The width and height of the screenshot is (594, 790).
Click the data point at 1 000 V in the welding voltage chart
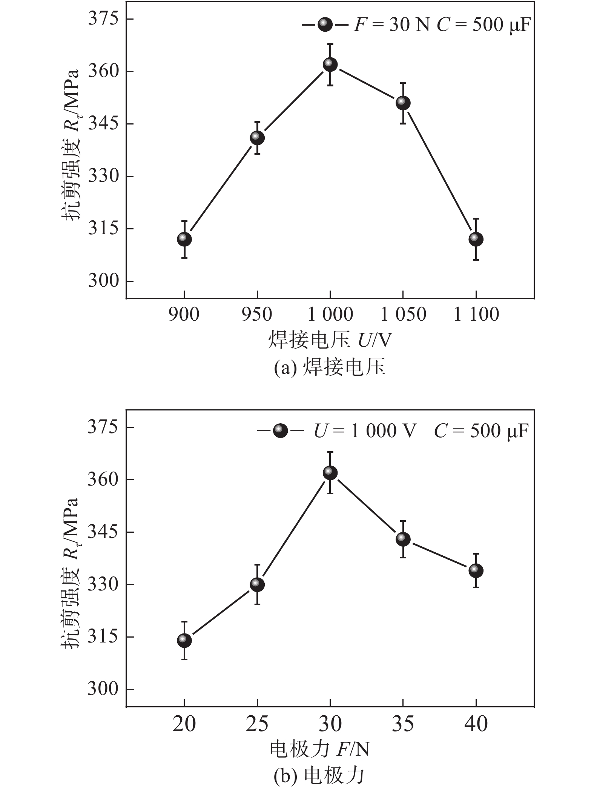pos(330,65)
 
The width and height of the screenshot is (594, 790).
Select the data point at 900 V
pos(184,239)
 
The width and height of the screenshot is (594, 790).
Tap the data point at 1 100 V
pos(476,239)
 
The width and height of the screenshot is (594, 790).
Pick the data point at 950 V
pos(257,138)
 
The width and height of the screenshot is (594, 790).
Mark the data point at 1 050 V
pos(403,103)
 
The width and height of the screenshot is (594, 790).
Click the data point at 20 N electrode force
pos(184,641)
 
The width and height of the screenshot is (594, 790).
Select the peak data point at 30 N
pos(330,473)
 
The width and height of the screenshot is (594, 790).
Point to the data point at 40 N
pos(476,571)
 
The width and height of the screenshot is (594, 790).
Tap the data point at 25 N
pos(257,585)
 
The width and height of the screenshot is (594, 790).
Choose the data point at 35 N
pos(403,539)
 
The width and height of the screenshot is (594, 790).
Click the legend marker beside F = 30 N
pos(325,25)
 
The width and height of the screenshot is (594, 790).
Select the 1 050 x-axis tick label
pos(403,315)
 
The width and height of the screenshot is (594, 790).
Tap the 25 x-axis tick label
pos(257,724)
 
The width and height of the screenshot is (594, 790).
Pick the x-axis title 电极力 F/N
pos(319,749)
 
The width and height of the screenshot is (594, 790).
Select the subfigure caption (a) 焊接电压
pos(330,367)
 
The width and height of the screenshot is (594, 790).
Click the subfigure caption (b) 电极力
pos(319,775)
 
